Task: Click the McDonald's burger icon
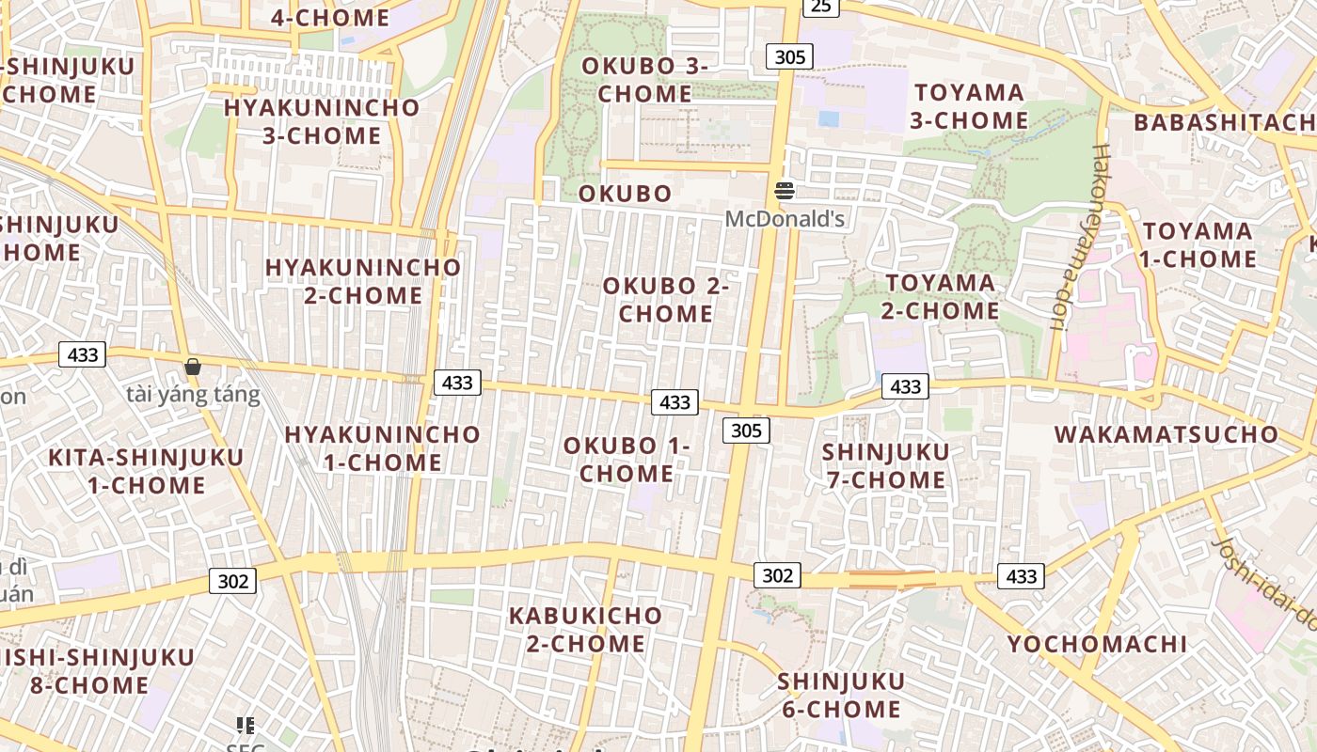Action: point(785,191)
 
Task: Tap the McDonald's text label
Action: point(785,219)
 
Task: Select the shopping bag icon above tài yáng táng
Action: point(193,367)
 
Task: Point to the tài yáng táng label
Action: point(193,394)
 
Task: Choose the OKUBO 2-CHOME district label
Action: point(666,300)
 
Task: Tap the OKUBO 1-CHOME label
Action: point(627,460)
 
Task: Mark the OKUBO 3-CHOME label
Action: point(645,80)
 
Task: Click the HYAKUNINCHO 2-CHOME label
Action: point(363,281)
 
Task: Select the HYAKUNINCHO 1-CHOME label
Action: point(382,448)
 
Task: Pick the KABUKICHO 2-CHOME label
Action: point(586,630)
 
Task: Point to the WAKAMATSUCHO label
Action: point(1166,434)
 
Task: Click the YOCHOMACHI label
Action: point(1097,644)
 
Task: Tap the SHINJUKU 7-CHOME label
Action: point(885,466)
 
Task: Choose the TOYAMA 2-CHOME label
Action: point(941,296)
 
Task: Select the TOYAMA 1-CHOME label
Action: point(1198,244)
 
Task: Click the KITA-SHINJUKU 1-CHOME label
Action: point(146,471)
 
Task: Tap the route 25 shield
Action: point(821,7)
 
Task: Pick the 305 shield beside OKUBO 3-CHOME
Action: point(789,56)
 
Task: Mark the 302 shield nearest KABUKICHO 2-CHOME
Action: point(777,575)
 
